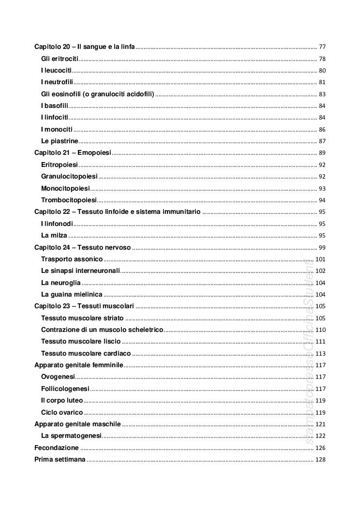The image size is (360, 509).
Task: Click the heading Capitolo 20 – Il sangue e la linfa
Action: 84,47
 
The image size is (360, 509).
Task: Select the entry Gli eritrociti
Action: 60,59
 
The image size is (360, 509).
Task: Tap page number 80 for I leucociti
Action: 322,71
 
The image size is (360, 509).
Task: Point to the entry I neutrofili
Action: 57,82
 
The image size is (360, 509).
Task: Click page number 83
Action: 322,94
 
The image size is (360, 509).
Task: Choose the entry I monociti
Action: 57,129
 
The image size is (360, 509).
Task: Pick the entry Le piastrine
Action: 60,141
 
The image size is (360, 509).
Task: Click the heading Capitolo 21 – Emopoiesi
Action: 73,153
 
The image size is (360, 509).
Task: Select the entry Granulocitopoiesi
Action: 69,177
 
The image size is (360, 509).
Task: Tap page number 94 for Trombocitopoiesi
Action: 322,200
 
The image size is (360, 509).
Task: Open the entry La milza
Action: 54,236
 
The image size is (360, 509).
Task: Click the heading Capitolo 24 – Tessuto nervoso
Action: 82,247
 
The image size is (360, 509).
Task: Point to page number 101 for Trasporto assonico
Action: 320,259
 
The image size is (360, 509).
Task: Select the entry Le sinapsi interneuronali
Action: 80,271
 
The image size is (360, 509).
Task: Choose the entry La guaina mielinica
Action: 72,295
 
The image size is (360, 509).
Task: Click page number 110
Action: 320,330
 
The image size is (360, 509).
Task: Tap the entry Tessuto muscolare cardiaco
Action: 86,354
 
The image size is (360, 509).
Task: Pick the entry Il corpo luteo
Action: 62,401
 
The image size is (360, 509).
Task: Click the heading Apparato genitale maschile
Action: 77,424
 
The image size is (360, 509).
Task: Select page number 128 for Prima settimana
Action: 320,460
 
